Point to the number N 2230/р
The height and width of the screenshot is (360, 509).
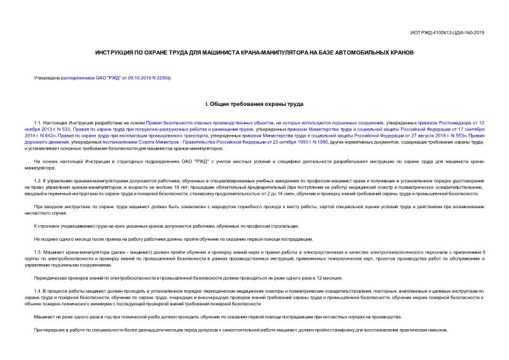[154, 78]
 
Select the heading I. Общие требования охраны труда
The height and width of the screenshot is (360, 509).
[254, 103]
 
